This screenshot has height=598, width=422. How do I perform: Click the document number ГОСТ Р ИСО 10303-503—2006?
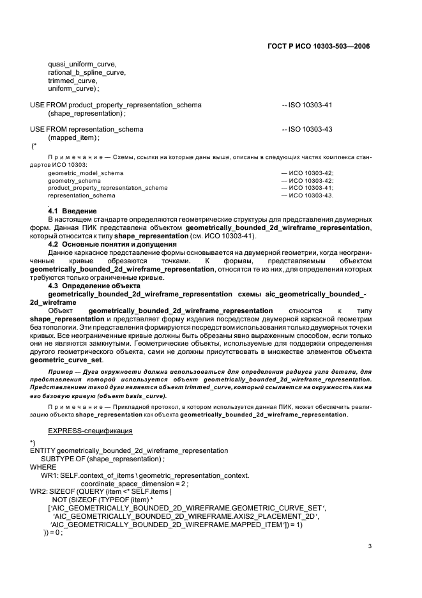coord(325,47)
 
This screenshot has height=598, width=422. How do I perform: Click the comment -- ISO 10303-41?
coord(307,105)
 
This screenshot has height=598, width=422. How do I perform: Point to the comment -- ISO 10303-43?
coord(307,129)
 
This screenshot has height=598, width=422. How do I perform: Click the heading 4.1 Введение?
coord(73,211)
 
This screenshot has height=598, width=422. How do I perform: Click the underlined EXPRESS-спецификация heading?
coord(90,431)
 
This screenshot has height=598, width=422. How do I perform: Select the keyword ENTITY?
coord(43,450)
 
